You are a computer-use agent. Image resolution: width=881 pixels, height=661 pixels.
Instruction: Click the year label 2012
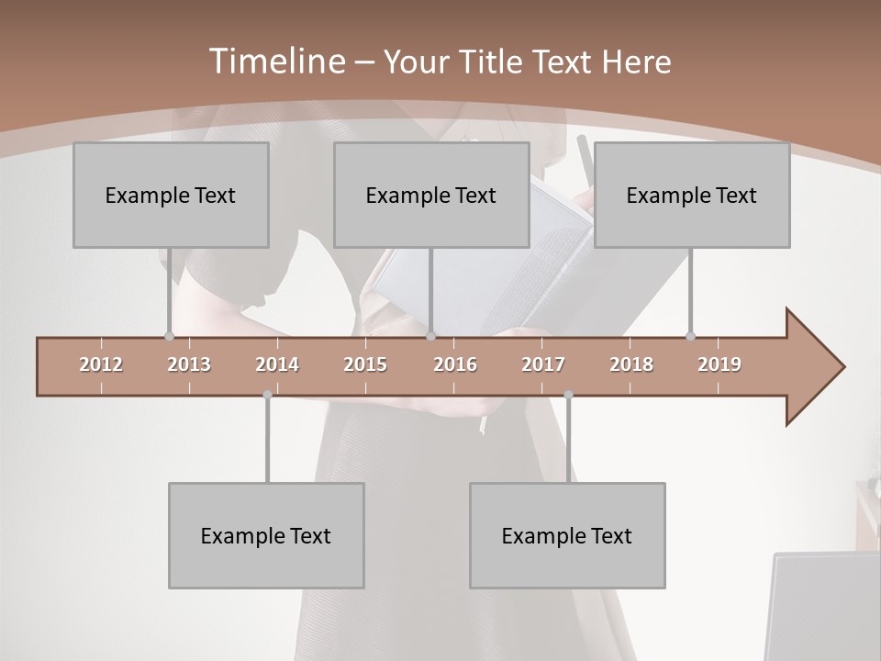101,365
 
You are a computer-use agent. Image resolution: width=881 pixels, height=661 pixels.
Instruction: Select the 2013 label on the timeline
189,365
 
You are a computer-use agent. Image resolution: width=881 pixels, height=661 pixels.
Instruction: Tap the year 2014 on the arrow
277,365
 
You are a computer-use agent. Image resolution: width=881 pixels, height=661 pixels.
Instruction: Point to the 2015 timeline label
365,365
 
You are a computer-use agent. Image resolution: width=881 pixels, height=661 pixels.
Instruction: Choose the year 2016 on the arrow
455,365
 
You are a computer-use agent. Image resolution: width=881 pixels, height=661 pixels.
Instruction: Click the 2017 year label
543,365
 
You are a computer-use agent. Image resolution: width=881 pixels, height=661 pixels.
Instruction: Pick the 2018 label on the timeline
631,365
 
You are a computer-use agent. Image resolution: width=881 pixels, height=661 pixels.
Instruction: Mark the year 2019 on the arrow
719,365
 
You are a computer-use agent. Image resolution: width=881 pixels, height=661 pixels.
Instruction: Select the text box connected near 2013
171,195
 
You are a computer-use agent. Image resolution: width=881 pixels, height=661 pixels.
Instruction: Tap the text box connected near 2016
431,195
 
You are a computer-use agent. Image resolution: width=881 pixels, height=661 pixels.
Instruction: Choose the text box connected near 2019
692,195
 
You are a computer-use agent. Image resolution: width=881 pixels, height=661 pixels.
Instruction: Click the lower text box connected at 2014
266,535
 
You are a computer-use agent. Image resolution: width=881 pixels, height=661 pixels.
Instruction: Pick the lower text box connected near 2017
567,535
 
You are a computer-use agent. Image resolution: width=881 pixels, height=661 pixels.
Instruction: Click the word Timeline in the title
276,62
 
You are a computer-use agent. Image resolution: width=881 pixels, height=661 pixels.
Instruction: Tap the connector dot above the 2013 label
169,337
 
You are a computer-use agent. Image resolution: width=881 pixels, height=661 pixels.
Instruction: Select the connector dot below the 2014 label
267,395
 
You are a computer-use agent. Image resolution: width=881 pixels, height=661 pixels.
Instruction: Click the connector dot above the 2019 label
690,337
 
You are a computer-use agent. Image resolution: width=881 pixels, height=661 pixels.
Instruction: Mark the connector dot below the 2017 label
568,395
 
